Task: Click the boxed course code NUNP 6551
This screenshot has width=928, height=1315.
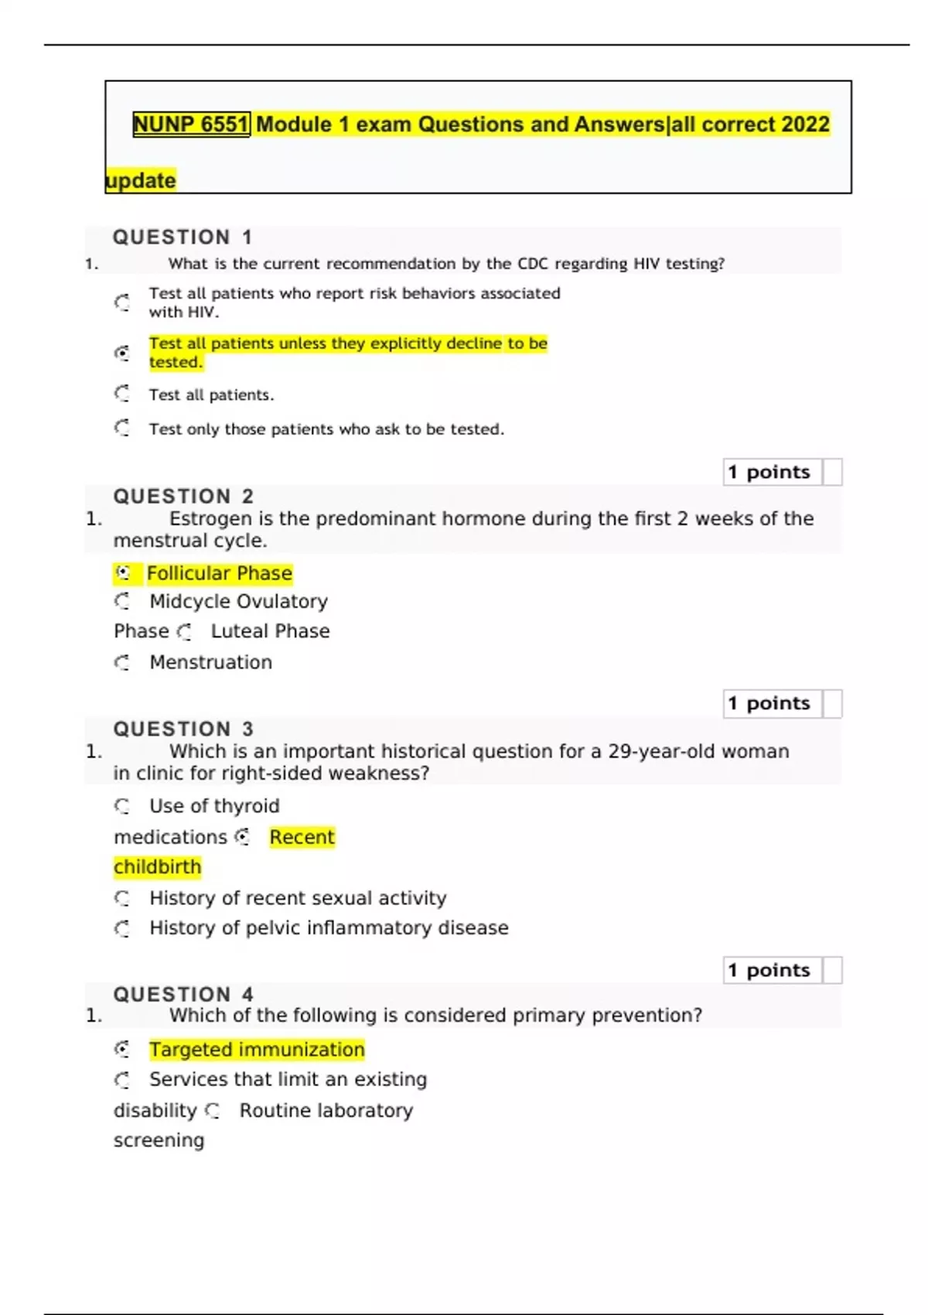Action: (191, 125)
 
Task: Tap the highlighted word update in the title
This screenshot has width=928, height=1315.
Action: (141, 180)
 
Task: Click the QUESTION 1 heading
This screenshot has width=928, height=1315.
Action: (183, 237)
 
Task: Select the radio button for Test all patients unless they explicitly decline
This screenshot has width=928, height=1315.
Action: (122, 353)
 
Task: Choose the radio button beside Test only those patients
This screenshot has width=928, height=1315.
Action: (122, 428)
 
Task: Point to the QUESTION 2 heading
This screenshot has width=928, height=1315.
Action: (183, 496)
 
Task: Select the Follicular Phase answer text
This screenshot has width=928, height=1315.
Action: (220, 573)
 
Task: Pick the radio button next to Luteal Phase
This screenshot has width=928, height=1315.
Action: (184, 632)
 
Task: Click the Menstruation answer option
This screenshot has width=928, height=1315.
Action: (210, 662)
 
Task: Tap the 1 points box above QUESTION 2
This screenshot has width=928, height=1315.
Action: (773, 472)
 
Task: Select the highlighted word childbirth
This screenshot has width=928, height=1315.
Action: (158, 867)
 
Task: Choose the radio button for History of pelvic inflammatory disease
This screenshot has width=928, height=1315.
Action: (122, 928)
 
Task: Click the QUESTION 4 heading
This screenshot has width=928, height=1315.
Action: (183, 994)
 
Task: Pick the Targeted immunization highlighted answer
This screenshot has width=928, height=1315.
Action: (257, 1050)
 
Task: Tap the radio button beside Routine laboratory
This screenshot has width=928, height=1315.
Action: (213, 1112)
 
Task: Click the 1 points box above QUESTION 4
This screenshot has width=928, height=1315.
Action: (773, 970)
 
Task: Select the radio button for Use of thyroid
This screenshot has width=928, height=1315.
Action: (122, 806)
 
